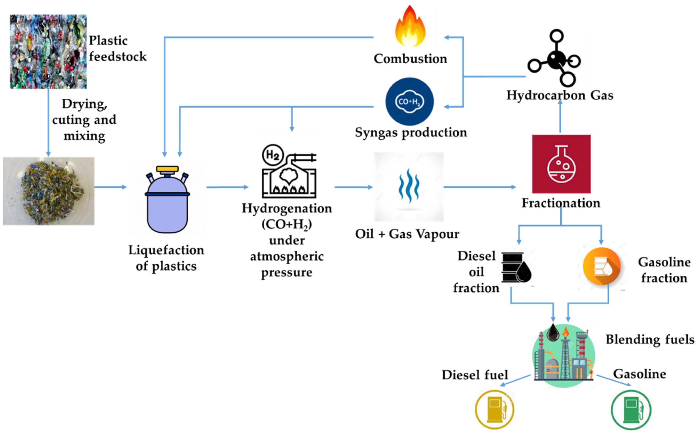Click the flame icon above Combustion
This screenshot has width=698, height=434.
410,27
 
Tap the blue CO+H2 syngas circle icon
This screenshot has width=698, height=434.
409,101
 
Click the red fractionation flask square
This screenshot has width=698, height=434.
561,164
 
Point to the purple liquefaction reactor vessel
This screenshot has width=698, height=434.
167,207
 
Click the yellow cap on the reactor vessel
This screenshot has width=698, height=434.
167,169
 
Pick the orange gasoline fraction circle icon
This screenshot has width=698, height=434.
602,266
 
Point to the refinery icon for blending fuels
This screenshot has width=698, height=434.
563,356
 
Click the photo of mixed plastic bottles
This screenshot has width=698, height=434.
48,52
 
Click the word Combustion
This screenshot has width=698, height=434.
410,59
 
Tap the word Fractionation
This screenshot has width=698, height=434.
561,203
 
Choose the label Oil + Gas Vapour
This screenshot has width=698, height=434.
407,234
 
